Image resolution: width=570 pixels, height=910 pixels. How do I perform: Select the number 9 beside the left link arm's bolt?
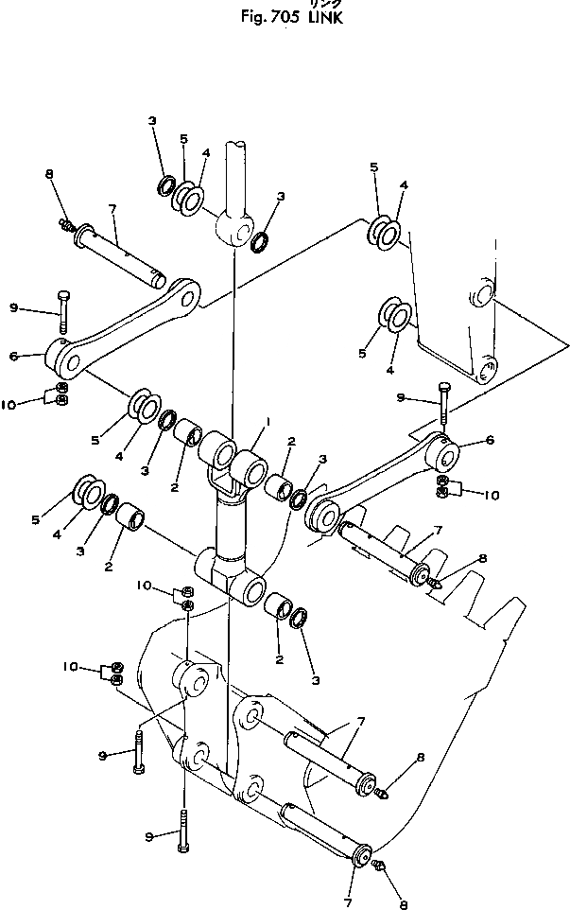click(x=14, y=307)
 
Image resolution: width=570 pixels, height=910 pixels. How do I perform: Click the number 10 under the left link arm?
click(x=10, y=404)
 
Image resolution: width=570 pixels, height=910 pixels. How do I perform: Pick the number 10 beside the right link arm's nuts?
click(x=491, y=493)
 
